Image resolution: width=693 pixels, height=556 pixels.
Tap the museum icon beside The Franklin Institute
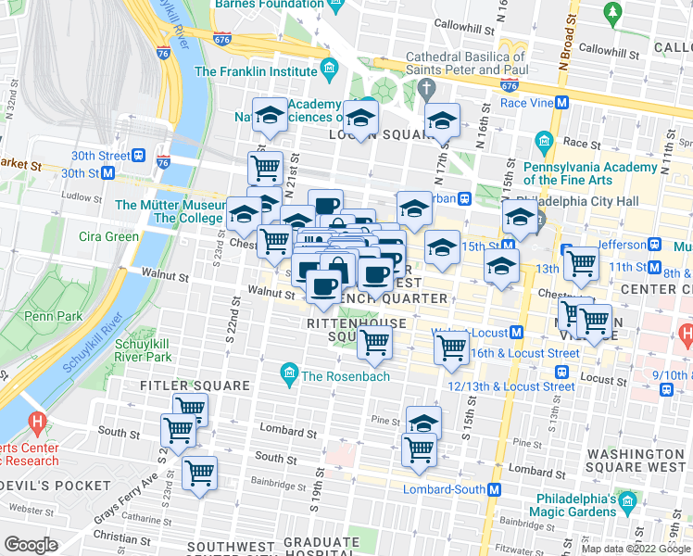coord(328,69)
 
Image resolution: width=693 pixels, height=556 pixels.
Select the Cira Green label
coord(108,236)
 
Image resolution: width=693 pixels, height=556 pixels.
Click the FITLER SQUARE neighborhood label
coord(195,385)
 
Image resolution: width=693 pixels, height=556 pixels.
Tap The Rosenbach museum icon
coord(289,375)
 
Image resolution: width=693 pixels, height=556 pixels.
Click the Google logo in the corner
coord(31,545)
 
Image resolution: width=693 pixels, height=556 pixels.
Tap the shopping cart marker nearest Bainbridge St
coord(199,473)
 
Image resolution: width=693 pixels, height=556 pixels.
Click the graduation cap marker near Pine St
coord(423,423)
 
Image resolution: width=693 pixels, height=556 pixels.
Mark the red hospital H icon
coord(37,424)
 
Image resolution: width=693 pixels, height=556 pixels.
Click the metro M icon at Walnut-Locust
coord(517,332)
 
